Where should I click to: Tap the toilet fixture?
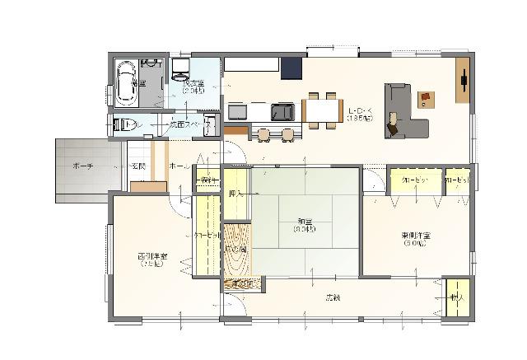point(124,125)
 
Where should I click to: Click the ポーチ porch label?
point(82,166)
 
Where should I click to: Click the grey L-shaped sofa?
point(403,111)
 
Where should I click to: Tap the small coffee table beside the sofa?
point(426,99)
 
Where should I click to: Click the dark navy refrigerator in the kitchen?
point(291,68)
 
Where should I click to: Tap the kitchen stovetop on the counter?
point(282,110)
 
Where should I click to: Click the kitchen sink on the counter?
point(238,110)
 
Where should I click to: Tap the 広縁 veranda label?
point(332,296)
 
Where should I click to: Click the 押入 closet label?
point(236,195)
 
